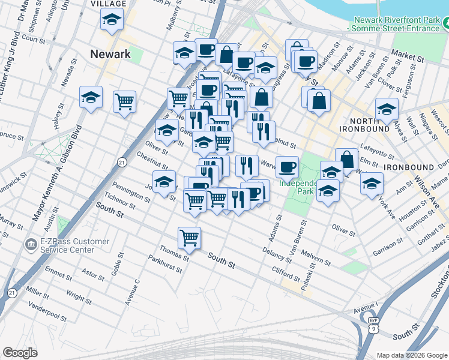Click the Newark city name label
[x=110, y=54]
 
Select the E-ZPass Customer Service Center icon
[x=29, y=245]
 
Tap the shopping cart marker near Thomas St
[x=190, y=238]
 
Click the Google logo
[x=20, y=352]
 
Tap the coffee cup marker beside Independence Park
[x=288, y=166]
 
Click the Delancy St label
[x=277, y=254]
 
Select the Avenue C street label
[x=133, y=292]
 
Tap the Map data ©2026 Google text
[x=411, y=355]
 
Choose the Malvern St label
[x=316, y=258]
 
